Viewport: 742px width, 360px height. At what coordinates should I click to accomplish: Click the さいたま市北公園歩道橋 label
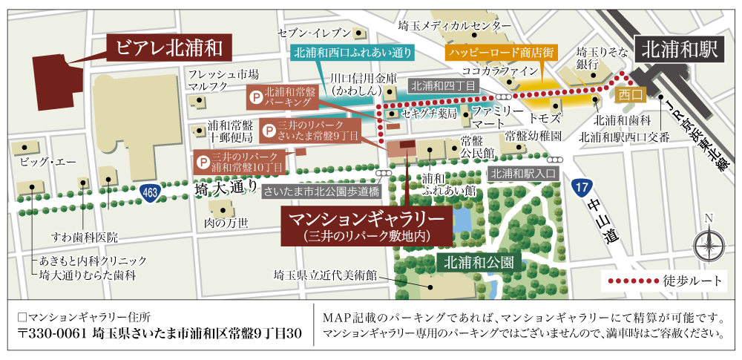[321, 190]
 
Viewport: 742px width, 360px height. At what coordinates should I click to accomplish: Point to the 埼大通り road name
[219, 189]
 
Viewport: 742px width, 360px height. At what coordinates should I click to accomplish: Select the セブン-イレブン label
[312, 33]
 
